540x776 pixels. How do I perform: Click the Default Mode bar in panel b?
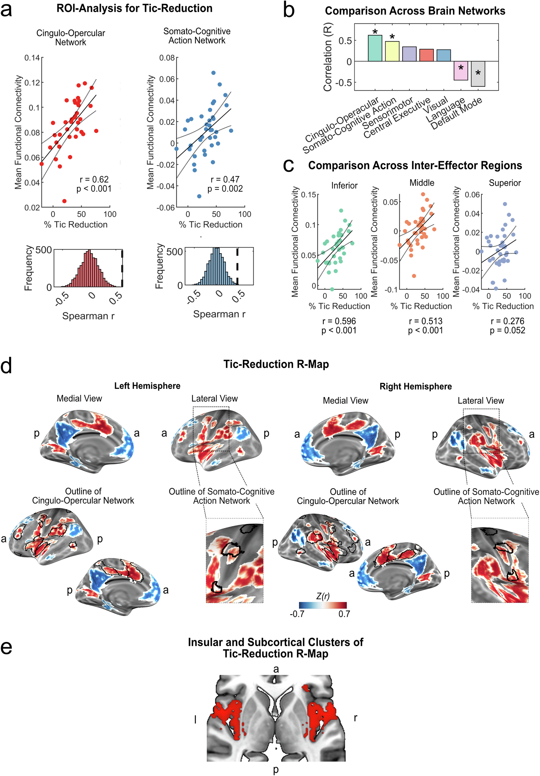pos(478,74)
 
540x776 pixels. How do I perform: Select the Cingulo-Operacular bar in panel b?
pos(375,48)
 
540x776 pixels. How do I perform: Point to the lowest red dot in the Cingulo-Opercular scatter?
pos(64,201)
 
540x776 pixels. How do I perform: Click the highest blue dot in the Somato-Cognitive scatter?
pos(213,73)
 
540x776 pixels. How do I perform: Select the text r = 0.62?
pos(94,179)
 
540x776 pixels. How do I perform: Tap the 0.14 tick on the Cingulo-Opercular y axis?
pos(32,58)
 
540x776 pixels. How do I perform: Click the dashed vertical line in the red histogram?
pos(122,268)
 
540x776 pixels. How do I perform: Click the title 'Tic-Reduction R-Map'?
pos(276,364)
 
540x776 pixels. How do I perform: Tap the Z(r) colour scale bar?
pos(322,605)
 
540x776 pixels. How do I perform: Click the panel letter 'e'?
pos(7,647)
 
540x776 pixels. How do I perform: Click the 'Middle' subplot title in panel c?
pos(422,183)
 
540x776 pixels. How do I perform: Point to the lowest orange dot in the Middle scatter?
pos(414,276)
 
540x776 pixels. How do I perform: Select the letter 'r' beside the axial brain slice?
pos(355,718)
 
